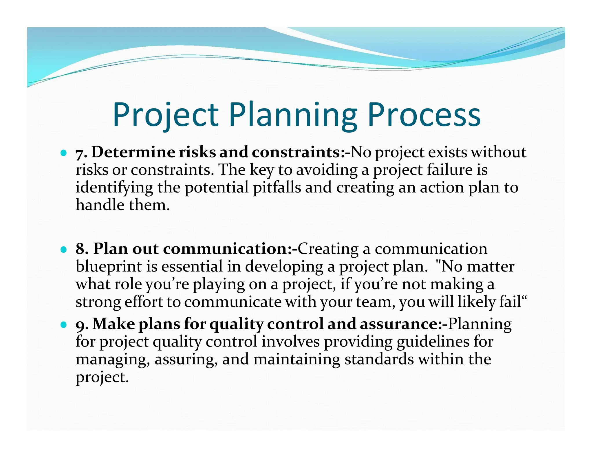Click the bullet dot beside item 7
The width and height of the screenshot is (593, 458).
(63, 153)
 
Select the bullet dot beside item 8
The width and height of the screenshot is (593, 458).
(63, 249)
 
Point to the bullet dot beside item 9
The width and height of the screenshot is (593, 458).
(63, 325)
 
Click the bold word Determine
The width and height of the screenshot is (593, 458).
(133, 152)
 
